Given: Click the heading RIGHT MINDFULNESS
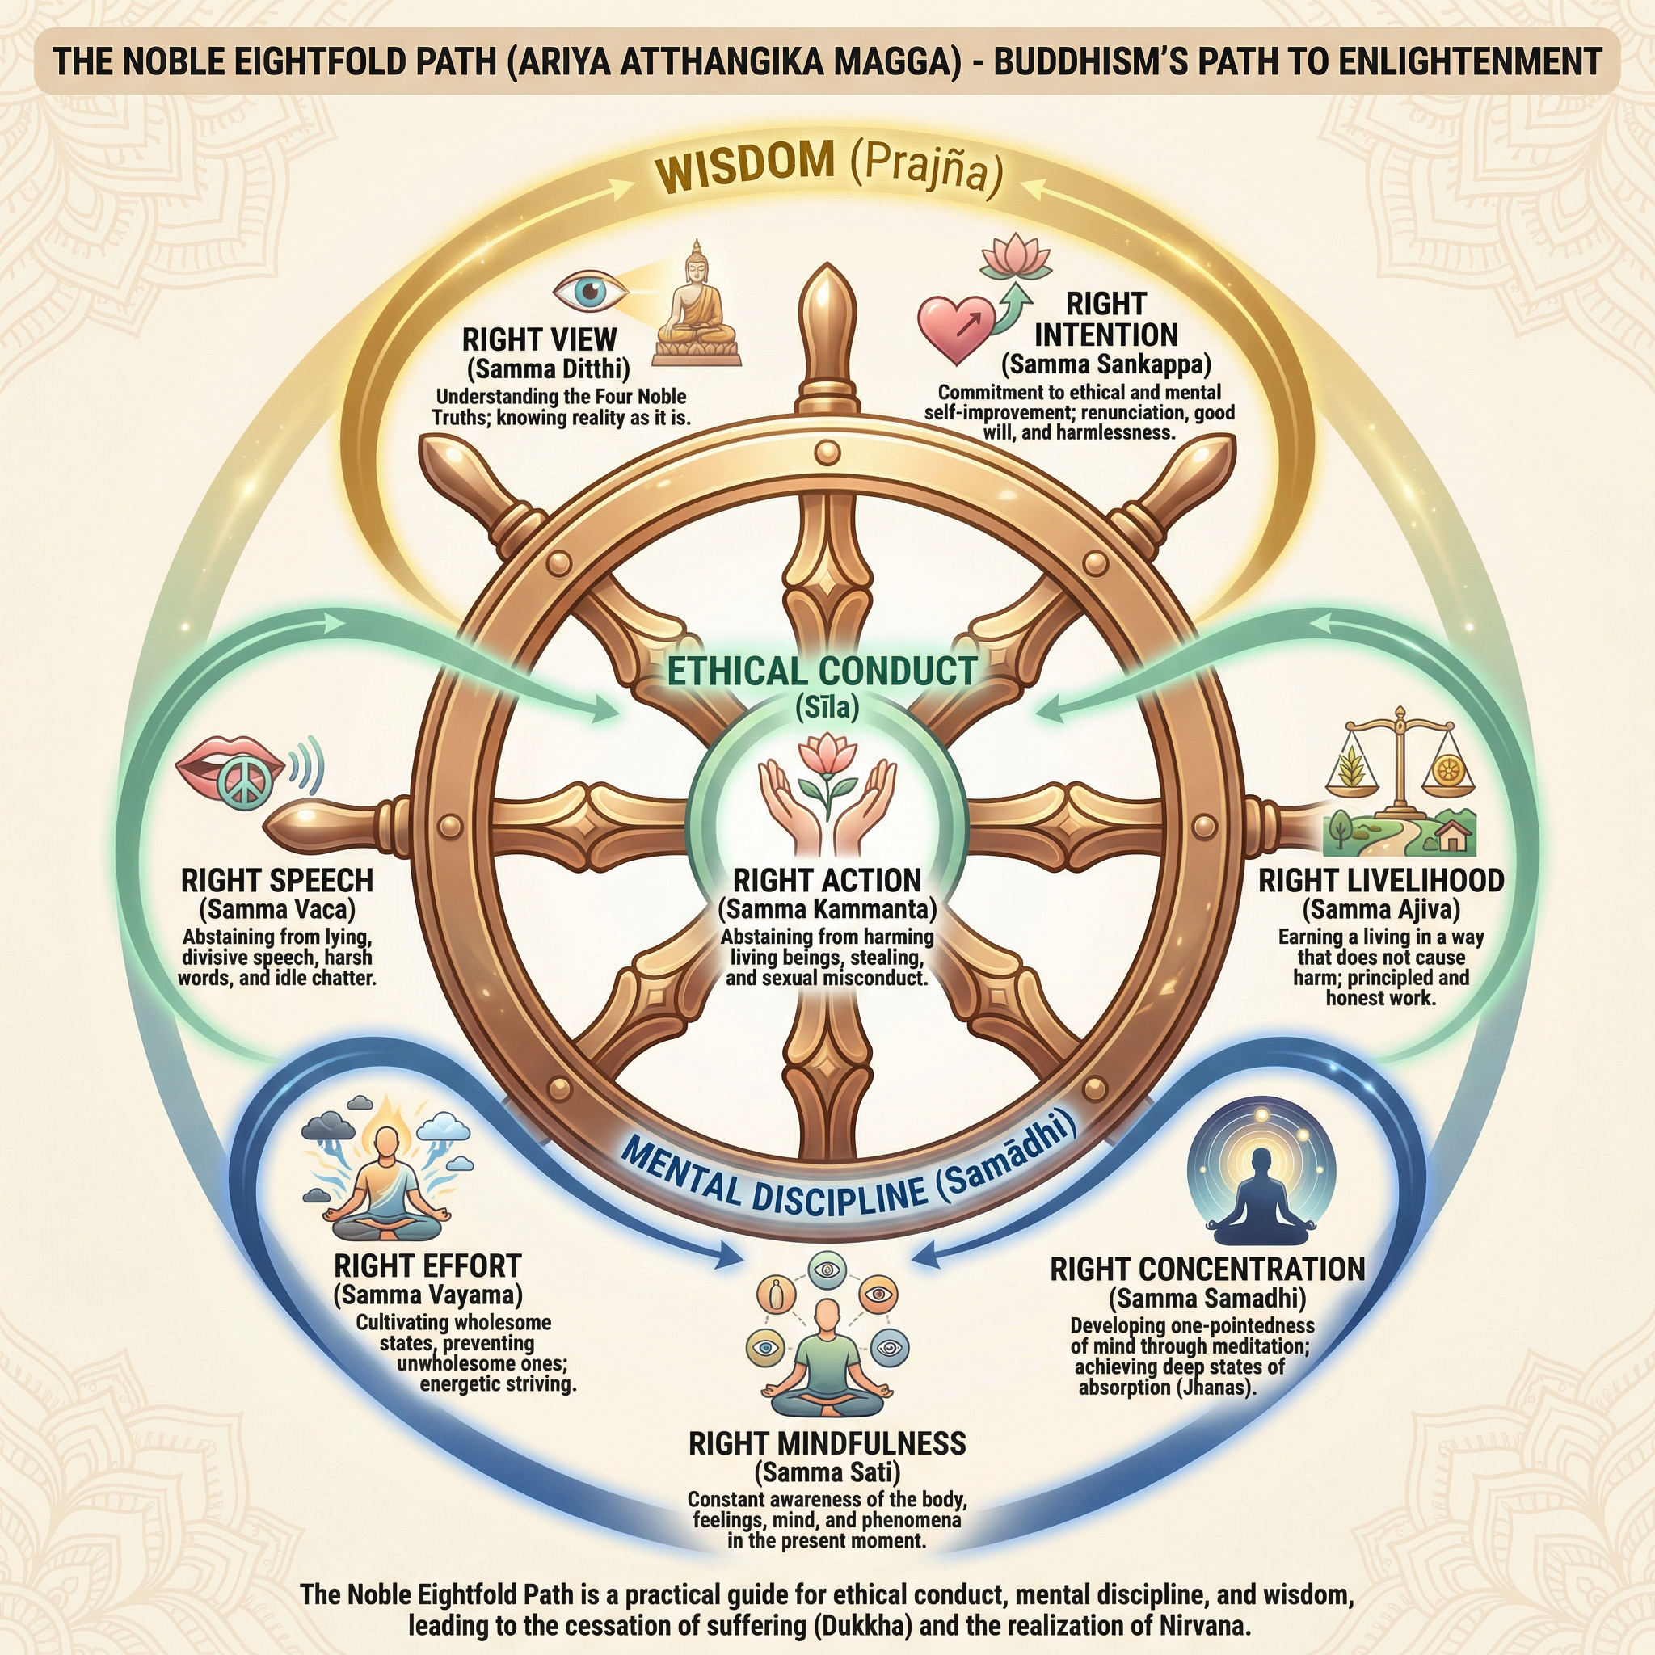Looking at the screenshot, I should [x=827, y=1443].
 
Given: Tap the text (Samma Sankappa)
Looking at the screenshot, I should [x=1107, y=365].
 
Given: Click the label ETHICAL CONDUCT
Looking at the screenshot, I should [x=823, y=671].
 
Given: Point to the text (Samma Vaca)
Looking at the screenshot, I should [x=276, y=909].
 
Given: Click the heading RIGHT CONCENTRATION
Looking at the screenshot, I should [x=1207, y=1270].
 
